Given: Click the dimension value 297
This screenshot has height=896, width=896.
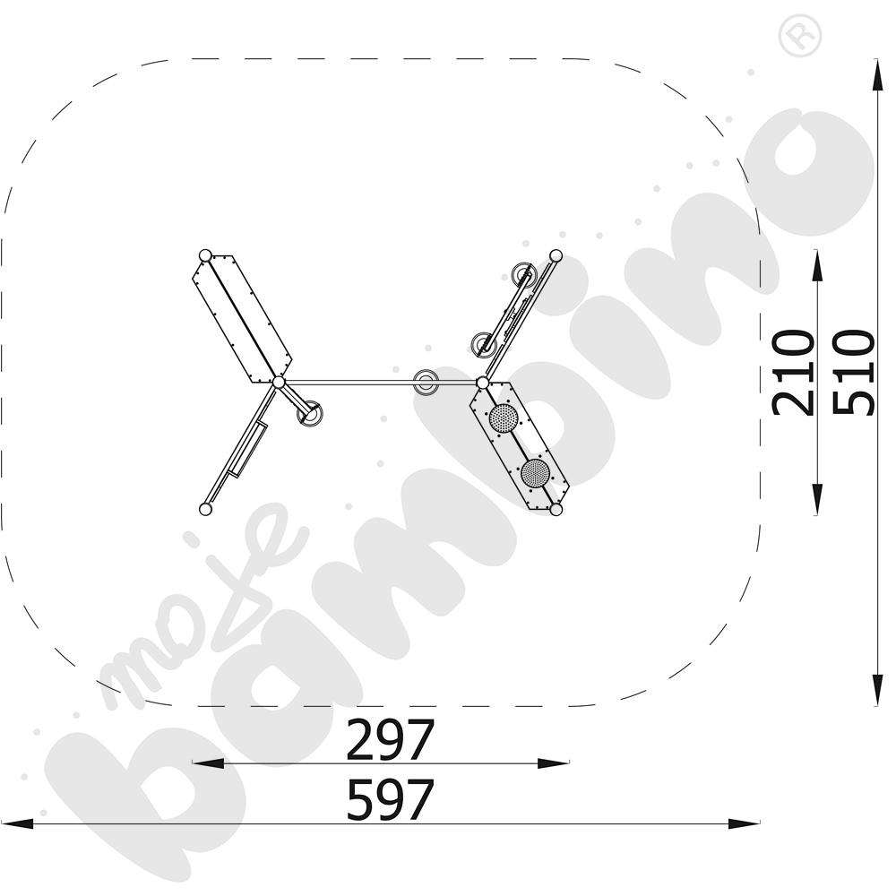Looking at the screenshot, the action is click(x=391, y=740).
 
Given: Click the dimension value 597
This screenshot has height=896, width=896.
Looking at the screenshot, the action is click(x=391, y=800).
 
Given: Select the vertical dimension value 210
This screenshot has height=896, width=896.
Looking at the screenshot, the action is click(x=793, y=373).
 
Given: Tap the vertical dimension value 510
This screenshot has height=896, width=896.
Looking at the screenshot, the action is click(x=854, y=373).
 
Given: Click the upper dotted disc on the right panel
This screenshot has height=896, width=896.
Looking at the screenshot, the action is click(x=504, y=418).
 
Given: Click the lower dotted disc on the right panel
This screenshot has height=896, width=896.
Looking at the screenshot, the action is click(x=536, y=473).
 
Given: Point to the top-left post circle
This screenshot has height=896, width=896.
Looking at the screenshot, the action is click(x=205, y=255).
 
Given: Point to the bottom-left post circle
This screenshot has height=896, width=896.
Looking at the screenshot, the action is click(x=205, y=509).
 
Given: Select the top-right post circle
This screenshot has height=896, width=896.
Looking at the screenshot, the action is click(x=556, y=255).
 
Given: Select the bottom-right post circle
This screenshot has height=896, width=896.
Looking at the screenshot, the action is click(x=556, y=509).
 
